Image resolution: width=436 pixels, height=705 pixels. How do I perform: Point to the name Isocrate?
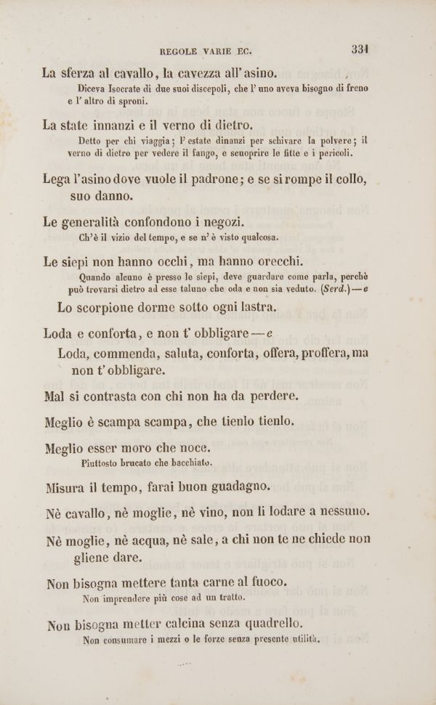[x=148, y=89]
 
